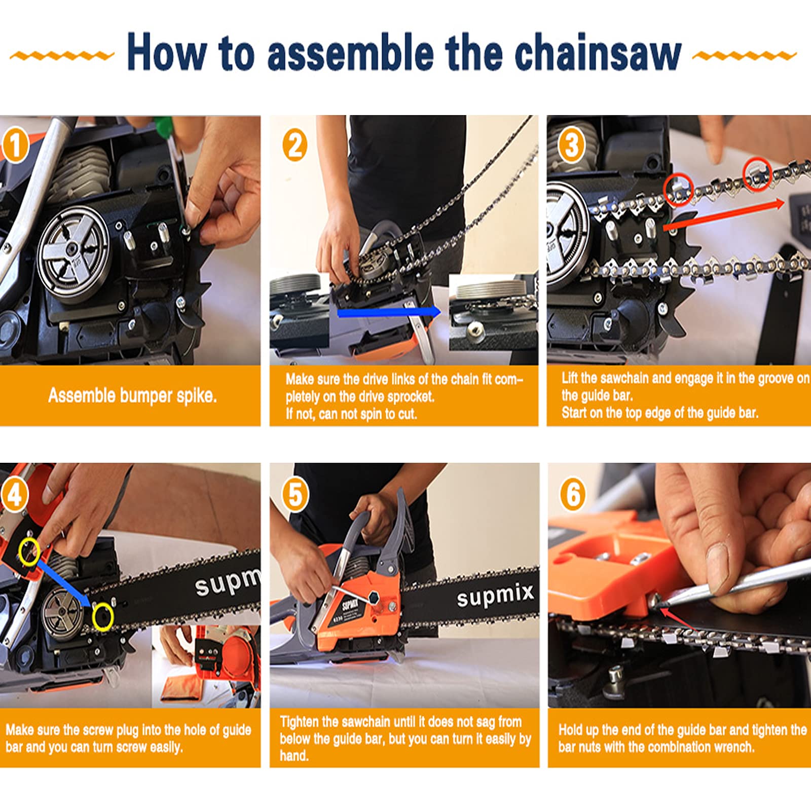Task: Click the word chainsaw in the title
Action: (x=598, y=53)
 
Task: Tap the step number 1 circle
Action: (x=16, y=145)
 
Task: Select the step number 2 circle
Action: (x=295, y=145)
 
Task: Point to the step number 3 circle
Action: (x=572, y=145)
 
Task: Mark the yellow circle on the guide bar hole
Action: (x=103, y=617)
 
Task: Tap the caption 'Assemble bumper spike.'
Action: (x=132, y=396)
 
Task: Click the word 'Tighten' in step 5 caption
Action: (x=299, y=722)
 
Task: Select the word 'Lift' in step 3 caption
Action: (x=570, y=378)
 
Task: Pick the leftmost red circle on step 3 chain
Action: (x=678, y=189)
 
